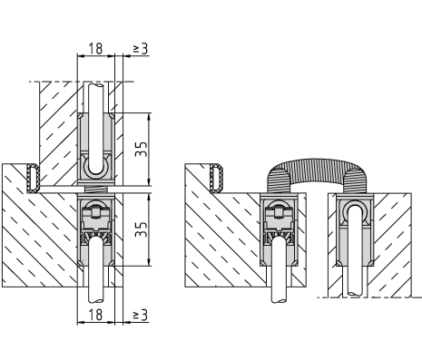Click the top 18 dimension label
point(96,48)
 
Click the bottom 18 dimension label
point(96,315)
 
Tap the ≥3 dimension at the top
point(141,48)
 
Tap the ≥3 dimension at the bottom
point(141,315)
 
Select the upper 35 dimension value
point(142,149)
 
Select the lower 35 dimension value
point(142,229)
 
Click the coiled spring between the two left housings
point(96,190)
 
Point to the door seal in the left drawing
point(33,178)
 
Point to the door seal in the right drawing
point(216,178)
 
